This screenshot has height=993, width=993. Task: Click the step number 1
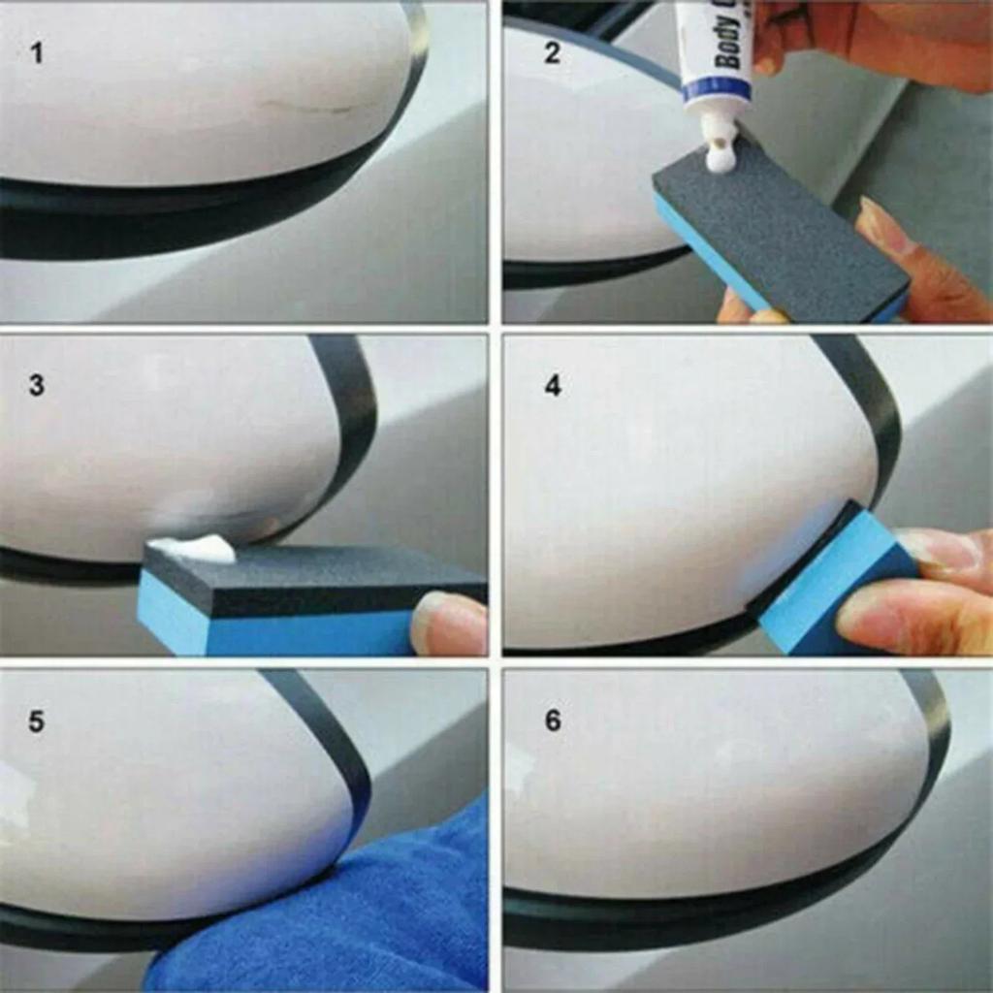point(37,52)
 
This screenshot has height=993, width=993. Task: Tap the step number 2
point(552,52)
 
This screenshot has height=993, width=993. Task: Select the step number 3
point(37,385)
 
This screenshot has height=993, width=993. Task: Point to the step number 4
point(552,385)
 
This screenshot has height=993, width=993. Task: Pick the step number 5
point(37,722)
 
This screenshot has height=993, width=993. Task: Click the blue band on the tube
point(715,90)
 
